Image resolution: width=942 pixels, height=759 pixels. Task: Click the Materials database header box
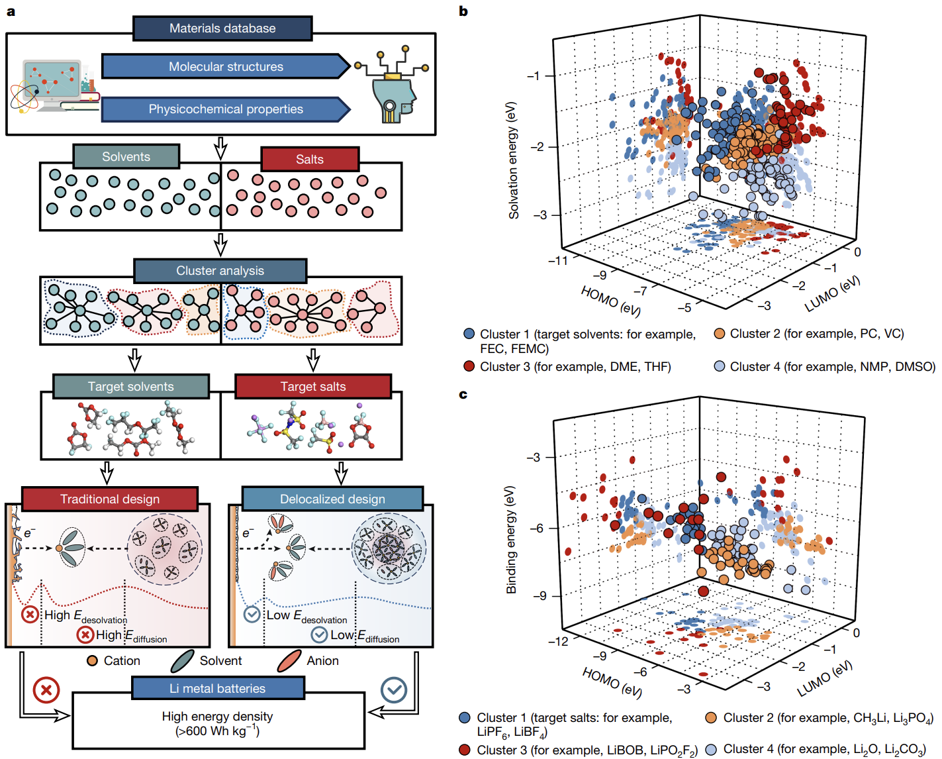[222, 28]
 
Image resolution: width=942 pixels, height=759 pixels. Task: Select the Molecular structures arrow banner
[225, 66]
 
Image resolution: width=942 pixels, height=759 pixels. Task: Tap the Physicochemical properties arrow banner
[225, 109]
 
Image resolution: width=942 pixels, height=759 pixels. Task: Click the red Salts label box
[310, 159]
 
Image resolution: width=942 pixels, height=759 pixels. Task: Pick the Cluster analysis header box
[220, 271]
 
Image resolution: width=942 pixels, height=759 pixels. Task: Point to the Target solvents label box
[130, 387]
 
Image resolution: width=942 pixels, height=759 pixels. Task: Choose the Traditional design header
[110, 499]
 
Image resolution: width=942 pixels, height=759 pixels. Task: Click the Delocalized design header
[332, 499]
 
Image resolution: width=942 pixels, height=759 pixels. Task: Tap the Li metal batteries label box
[217, 688]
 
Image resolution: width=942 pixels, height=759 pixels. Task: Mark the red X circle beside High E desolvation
[30, 615]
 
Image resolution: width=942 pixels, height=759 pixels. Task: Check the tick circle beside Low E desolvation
[252, 615]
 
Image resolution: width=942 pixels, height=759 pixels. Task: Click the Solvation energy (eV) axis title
[513, 160]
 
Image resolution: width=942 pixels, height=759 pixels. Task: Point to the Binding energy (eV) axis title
[511, 540]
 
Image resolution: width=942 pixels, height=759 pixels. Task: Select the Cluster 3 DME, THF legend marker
[469, 366]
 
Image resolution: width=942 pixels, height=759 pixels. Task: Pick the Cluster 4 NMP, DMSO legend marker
[720, 366]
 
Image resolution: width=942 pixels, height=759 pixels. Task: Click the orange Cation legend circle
[93, 660]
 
